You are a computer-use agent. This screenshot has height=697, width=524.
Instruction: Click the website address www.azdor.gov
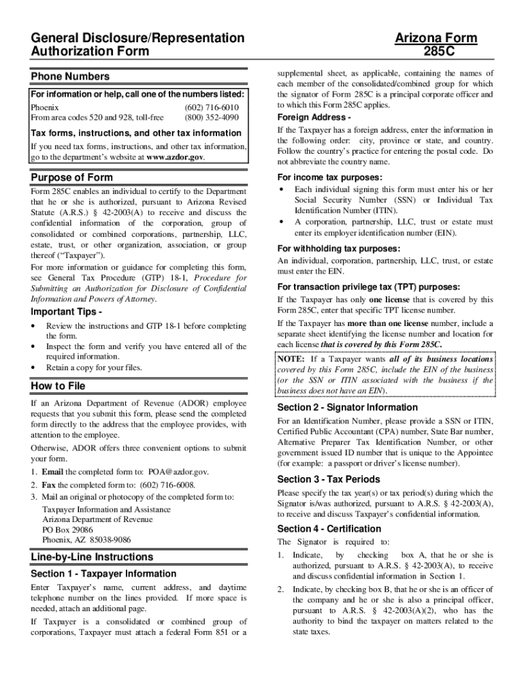[x=174, y=157]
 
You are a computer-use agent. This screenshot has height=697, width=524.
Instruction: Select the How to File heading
[x=58, y=387]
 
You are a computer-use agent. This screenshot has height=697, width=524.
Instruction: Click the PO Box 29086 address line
[x=67, y=529]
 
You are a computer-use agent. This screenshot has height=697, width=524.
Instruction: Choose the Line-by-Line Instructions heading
[x=92, y=557]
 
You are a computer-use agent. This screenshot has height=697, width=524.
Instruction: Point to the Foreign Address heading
[x=310, y=117]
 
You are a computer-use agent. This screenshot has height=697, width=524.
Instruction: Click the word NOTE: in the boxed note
[x=291, y=359]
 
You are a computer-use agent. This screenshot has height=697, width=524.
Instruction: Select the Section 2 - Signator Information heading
[x=348, y=407]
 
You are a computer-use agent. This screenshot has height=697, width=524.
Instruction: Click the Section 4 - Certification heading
[x=329, y=529]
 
